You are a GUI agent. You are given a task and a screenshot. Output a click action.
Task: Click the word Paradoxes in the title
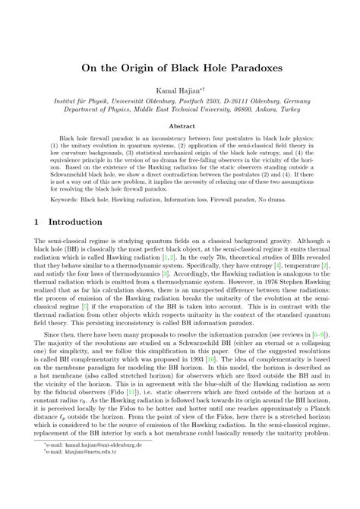[x=245, y=66]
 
